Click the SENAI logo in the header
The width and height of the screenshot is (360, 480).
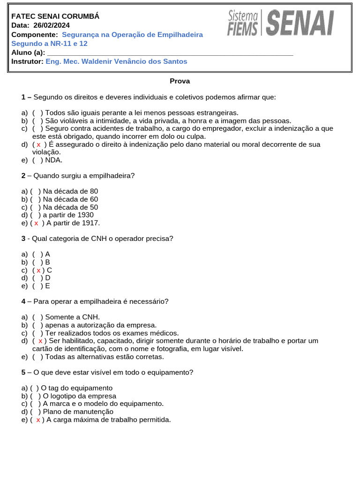click(x=300, y=24)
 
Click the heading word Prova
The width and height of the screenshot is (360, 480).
click(x=180, y=81)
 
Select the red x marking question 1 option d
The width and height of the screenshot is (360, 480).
click(x=38, y=144)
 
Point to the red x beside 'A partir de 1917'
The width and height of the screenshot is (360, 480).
click(x=37, y=223)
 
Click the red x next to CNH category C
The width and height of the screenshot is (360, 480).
click(x=39, y=270)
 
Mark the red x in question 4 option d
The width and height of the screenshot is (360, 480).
click(x=41, y=341)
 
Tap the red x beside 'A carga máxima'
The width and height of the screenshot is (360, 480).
click(x=37, y=420)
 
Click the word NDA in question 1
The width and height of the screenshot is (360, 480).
click(x=54, y=160)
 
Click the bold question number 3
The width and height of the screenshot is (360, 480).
click(x=23, y=239)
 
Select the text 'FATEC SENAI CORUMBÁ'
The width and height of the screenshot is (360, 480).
click(x=55, y=16)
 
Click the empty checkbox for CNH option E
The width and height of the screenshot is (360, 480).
click(x=37, y=285)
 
